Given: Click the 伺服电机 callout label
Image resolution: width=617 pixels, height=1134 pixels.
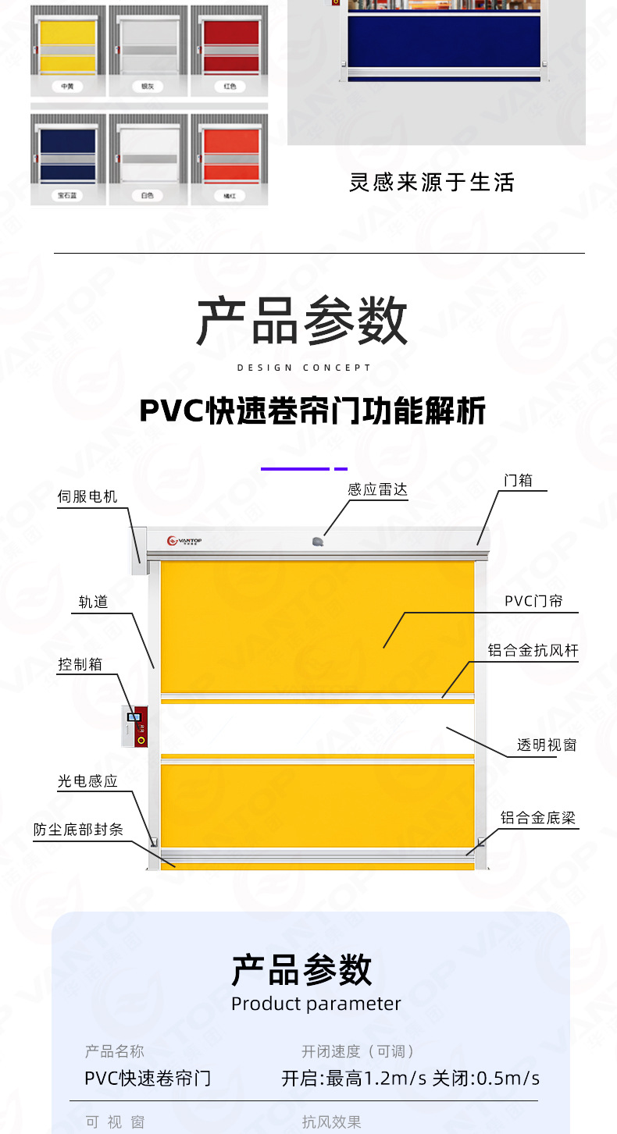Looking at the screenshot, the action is tap(87, 496).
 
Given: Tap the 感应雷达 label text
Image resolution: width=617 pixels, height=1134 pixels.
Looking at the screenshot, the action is tap(378, 489).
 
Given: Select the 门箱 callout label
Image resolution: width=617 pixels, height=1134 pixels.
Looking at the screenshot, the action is tap(518, 480).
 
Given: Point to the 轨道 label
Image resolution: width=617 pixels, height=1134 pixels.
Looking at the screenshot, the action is tap(93, 602).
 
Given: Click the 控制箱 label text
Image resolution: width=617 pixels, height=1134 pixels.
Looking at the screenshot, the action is tap(80, 664).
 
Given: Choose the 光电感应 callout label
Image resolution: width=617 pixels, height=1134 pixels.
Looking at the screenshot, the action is tap(87, 780).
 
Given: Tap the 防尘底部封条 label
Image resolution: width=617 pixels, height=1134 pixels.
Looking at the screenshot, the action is tap(78, 829).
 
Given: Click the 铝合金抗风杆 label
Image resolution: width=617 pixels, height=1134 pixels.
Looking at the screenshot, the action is tap(533, 650).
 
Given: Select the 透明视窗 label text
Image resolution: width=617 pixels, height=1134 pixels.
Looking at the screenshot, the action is tap(547, 745).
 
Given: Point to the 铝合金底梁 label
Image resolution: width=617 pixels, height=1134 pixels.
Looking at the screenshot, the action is tap(538, 818).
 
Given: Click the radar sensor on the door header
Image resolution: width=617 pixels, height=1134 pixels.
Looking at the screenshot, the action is tap(318, 541).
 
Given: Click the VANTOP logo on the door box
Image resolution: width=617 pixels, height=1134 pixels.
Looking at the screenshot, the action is tap(184, 540).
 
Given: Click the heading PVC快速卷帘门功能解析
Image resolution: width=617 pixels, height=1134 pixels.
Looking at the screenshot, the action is tap(312, 411).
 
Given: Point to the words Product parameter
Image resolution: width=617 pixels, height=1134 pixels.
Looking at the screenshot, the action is tap(316, 1004).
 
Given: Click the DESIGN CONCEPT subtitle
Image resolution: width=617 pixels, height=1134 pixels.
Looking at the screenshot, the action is tap(304, 367).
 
